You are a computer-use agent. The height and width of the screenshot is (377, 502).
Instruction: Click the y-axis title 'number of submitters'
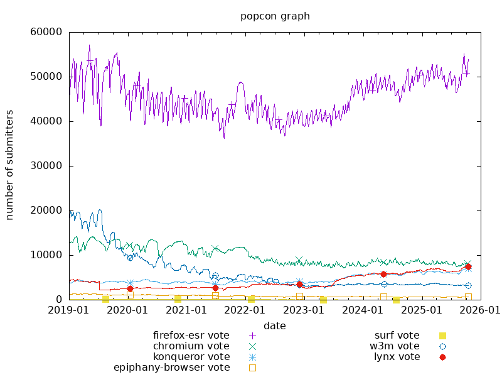9,165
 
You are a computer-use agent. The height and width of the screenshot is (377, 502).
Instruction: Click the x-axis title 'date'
275,325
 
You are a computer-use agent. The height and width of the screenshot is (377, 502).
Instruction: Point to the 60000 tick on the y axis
46,32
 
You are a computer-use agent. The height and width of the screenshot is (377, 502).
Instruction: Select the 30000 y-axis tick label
46,166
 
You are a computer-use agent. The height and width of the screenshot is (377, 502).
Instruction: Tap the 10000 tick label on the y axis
46,255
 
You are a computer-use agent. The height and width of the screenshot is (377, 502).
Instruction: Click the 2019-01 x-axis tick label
69,310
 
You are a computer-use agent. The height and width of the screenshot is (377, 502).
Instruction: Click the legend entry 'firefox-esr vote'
191,336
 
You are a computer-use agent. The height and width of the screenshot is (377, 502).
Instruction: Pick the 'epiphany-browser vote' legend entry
171,368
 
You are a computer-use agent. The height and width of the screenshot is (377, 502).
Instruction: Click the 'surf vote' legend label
397,336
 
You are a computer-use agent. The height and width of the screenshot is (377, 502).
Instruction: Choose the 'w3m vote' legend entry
394,346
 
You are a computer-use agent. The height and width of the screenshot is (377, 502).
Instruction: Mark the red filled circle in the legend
442,357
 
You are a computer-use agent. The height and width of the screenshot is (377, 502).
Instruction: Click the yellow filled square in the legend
442,336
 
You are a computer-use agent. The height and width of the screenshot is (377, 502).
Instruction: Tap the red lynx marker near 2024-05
383,274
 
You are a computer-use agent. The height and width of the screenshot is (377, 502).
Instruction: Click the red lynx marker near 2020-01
130,289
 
